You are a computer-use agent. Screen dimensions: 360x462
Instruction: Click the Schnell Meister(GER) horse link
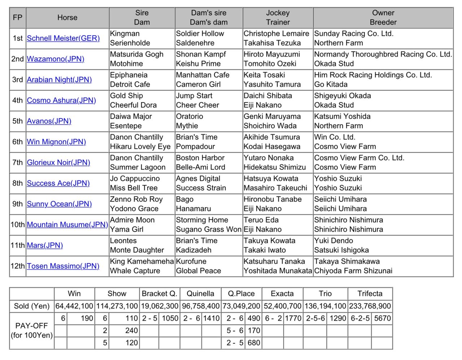click(x=63, y=38)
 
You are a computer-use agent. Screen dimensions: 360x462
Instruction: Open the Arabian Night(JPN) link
click(x=59, y=80)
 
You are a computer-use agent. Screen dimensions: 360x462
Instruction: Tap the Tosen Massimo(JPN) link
click(x=63, y=266)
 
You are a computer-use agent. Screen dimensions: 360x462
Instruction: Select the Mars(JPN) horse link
click(x=45, y=245)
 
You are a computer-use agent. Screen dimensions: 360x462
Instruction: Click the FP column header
click(x=17, y=18)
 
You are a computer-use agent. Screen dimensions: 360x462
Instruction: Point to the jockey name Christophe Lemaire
click(x=276, y=34)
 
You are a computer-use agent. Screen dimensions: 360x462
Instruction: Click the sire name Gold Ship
click(x=126, y=96)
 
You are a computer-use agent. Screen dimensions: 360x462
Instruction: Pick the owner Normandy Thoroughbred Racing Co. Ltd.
click(x=383, y=54)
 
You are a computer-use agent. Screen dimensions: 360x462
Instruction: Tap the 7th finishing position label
click(x=17, y=163)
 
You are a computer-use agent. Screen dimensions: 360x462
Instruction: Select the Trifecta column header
click(x=370, y=294)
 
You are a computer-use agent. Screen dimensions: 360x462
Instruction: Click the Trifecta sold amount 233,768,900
click(x=370, y=306)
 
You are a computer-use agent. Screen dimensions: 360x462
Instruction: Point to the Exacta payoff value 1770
click(x=293, y=319)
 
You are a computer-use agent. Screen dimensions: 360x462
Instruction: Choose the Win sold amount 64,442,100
click(x=74, y=306)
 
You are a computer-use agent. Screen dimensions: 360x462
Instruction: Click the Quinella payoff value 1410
click(x=211, y=319)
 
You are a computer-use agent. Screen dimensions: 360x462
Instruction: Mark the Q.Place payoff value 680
click(x=253, y=343)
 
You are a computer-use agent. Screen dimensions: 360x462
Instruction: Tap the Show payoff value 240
click(x=131, y=331)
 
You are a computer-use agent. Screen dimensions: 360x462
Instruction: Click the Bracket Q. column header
click(x=159, y=294)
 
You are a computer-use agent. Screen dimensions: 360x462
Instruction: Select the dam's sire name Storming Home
click(x=202, y=220)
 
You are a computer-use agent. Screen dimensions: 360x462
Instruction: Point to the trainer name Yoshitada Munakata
click(x=277, y=271)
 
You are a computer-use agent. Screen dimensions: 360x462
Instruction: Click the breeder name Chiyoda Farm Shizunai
click(x=353, y=271)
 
